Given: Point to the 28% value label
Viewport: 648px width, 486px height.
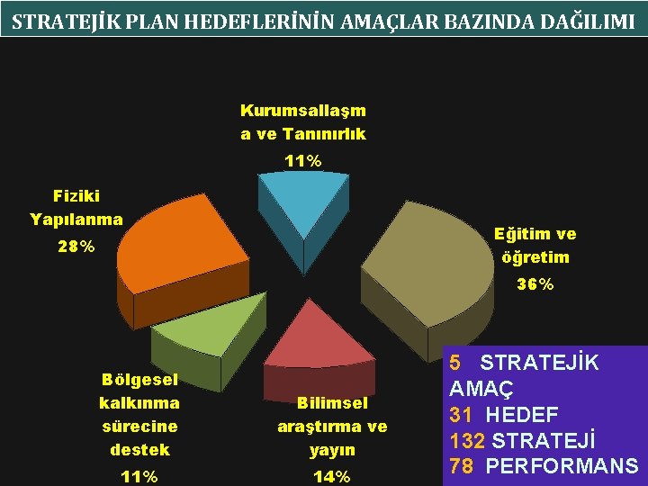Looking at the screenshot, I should tap(76, 247).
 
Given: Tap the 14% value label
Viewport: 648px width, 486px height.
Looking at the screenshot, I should tap(331, 476).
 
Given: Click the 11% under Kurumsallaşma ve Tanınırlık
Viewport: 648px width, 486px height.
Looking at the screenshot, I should tap(302, 161).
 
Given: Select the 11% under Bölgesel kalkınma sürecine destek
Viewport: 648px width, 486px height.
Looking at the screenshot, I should tap(139, 476).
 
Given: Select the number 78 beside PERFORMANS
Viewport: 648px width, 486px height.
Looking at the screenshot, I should tap(462, 466).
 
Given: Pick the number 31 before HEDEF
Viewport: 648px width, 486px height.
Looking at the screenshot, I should tap(461, 415).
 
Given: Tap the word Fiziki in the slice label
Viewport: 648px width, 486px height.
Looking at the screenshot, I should tap(76, 195).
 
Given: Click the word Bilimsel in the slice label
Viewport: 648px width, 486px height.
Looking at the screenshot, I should tap(332, 403).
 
